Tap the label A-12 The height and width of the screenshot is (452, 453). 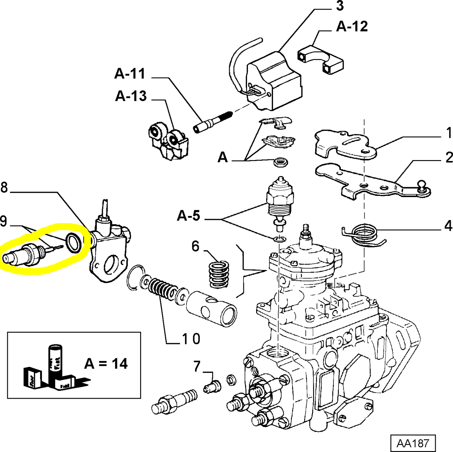point(352,27)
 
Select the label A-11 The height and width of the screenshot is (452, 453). point(130,74)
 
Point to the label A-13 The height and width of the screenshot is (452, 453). point(131,96)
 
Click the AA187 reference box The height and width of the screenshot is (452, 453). point(413,444)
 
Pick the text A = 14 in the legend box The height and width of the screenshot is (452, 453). point(106,364)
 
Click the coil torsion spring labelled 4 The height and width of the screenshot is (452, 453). point(363,235)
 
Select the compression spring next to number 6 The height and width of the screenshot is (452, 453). point(219,274)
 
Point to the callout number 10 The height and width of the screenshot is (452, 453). point(191,339)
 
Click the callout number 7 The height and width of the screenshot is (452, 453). point(197,366)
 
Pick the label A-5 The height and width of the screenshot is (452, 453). point(188,216)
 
